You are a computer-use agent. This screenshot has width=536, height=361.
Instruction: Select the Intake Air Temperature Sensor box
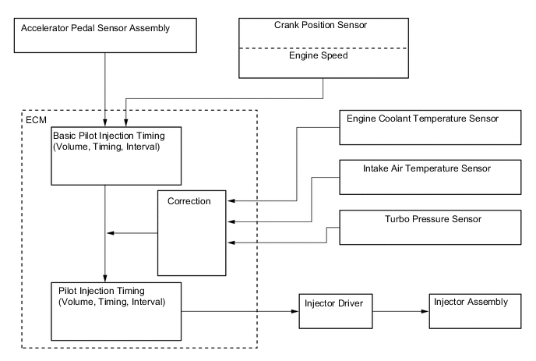coord(429,178)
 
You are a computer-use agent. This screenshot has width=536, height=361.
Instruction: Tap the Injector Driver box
coord(332,311)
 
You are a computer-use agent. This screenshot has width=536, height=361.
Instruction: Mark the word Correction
coord(190,200)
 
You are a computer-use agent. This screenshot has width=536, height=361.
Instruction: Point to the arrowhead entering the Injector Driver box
coord(295,311)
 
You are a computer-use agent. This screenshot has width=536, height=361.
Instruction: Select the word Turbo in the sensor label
coord(397,218)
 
